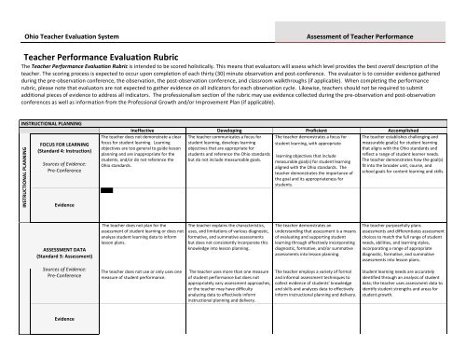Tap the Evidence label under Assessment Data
[x=64, y=317]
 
